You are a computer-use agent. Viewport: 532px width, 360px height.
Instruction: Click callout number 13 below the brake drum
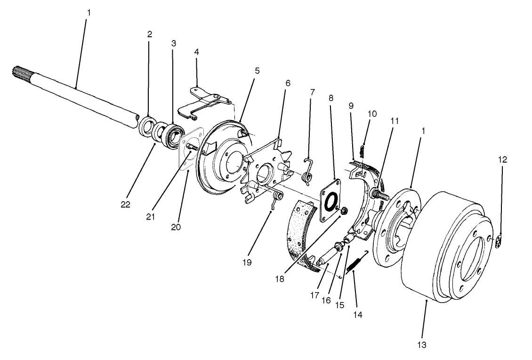(421, 345)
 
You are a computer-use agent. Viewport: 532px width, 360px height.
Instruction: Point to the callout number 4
(197, 52)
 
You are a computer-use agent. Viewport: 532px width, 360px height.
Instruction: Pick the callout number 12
(502, 160)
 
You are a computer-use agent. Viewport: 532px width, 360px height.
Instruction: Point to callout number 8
(331, 98)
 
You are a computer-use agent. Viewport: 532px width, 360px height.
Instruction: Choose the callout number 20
(176, 226)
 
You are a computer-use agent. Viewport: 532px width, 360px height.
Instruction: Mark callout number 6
(288, 83)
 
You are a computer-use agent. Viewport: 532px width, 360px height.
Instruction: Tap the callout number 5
(257, 71)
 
